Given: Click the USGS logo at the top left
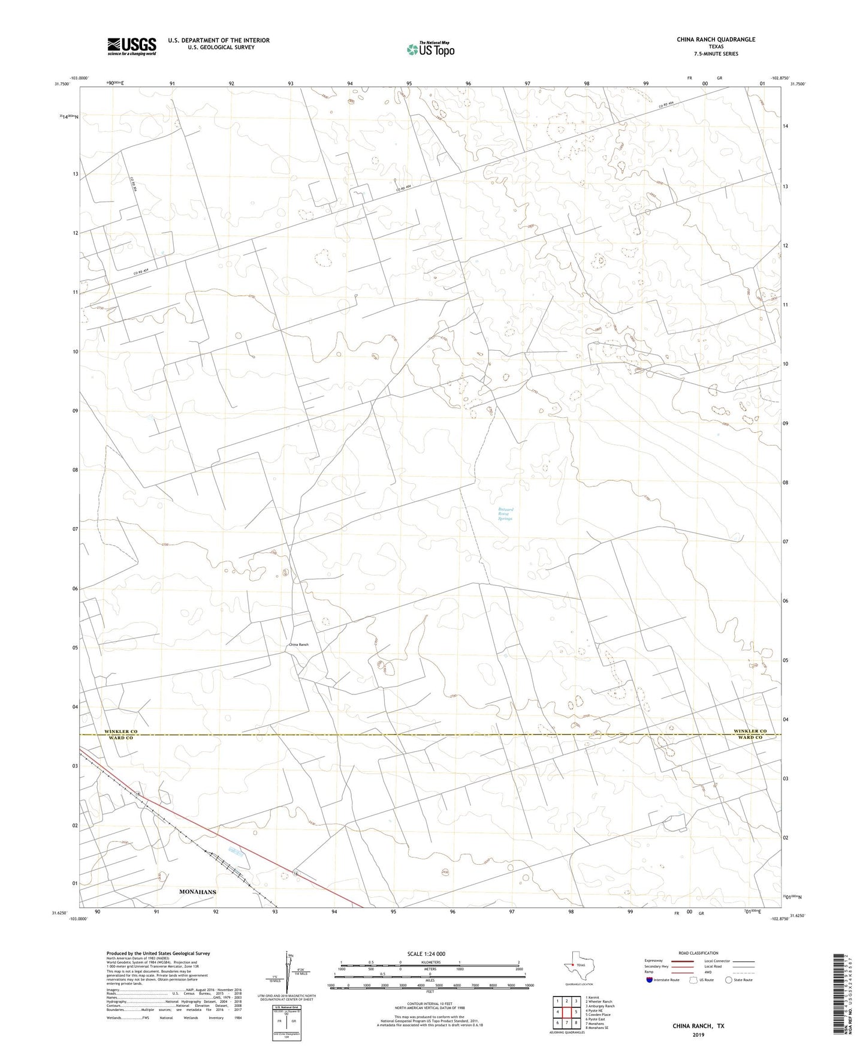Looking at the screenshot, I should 131,46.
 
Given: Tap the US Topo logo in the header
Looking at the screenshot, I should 430,49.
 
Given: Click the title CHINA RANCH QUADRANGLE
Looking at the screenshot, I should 716,40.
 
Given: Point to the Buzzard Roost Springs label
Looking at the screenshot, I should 505,514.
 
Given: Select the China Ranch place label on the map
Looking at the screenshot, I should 298,645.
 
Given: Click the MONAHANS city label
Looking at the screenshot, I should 198,892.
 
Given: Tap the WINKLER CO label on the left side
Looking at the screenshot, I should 120,732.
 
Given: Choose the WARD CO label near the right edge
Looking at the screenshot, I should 750,738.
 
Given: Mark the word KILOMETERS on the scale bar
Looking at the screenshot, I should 430,962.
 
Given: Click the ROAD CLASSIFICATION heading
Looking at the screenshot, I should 698,953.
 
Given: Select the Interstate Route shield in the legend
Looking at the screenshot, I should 650,980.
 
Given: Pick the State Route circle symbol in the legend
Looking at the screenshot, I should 728,980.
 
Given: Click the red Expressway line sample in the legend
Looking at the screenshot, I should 683,961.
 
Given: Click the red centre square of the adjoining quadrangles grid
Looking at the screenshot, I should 566,1012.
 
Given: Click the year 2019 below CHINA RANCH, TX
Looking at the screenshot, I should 698,1034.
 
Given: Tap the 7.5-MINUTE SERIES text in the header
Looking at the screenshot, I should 716,54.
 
